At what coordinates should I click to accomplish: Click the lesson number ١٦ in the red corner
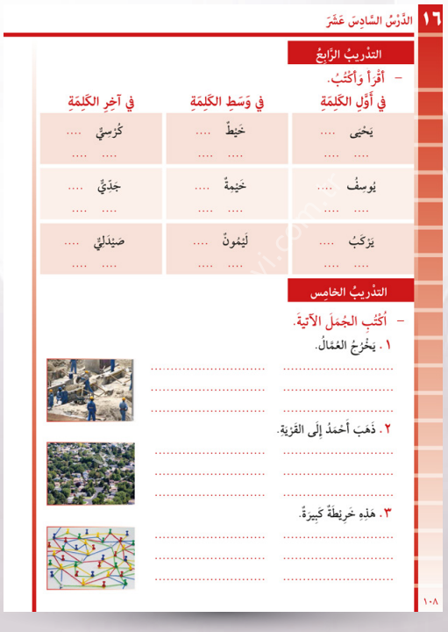click(x=431, y=18)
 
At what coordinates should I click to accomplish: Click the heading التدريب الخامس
click(x=352, y=290)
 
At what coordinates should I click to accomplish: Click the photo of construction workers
click(x=90, y=389)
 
